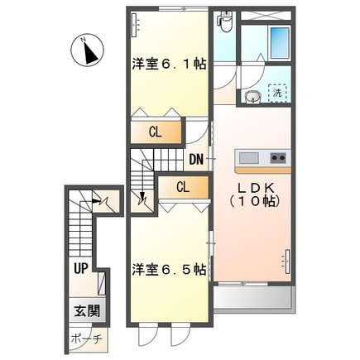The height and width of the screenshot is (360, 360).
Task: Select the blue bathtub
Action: tap(280, 42)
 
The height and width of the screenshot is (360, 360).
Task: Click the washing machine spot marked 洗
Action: tap(277, 93)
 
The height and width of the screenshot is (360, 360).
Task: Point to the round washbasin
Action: tap(252, 97)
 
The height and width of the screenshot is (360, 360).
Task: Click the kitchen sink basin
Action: tap(248, 158)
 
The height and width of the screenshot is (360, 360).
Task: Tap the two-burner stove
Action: tap(278, 158)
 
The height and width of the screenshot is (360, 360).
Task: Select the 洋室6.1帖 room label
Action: tap(169, 65)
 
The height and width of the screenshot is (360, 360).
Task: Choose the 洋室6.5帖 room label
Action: tap(169, 270)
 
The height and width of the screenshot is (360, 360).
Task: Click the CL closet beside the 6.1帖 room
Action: tap(156, 132)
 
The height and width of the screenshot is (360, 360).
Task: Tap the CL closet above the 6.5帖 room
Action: tap(183, 188)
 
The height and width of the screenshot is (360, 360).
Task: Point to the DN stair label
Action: tap(196, 160)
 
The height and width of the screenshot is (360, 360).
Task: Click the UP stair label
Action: tap(80, 268)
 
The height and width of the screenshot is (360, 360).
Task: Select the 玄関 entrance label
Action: tap(87, 312)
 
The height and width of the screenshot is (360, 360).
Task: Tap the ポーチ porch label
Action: tap(87, 338)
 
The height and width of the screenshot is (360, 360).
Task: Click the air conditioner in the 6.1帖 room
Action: tap(135, 25)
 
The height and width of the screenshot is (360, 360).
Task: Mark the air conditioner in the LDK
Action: tap(287, 262)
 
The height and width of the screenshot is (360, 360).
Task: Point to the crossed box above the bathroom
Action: tap(266, 15)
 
